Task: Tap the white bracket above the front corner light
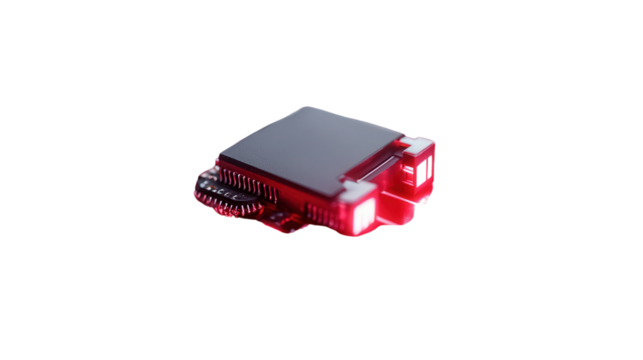(x=354, y=190)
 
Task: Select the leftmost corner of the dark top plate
(x=218, y=158)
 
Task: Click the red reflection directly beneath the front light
(x=355, y=232)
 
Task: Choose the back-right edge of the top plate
(x=375, y=120)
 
